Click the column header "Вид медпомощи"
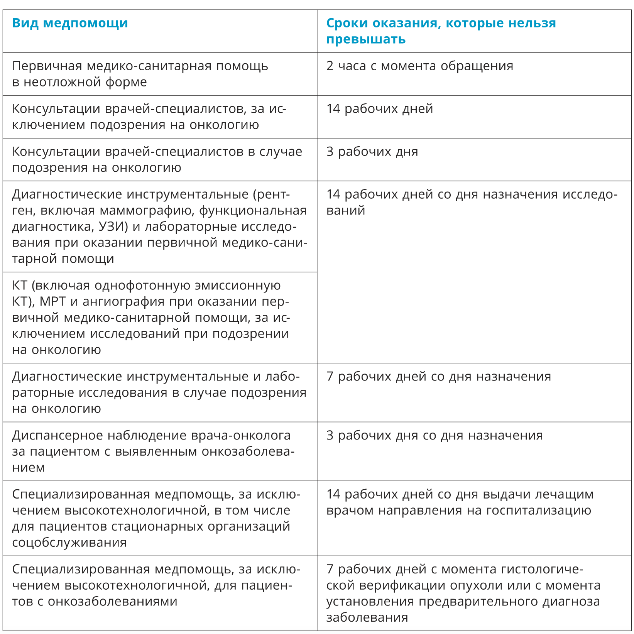coord(70,23)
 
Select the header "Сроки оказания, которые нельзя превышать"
coord(441,31)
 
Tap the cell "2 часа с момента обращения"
coord(419,66)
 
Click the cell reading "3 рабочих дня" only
coord(372,152)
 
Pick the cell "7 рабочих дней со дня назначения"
coord(438,376)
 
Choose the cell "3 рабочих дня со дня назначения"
coord(434,435)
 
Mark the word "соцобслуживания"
coord(69,543)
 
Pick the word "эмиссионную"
coord(237,286)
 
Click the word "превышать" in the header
coord(366,39)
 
